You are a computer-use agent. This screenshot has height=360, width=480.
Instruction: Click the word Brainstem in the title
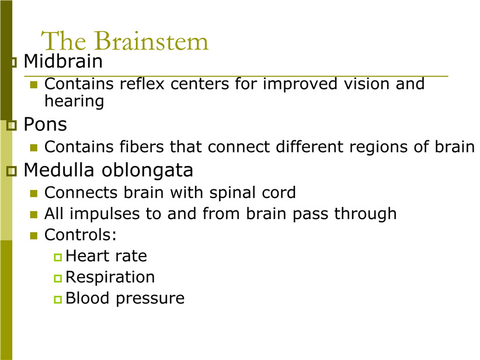click(x=151, y=41)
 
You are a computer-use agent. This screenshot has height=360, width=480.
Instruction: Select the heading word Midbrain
click(x=63, y=61)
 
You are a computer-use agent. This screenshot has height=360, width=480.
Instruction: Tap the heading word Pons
click(x=46, y=124)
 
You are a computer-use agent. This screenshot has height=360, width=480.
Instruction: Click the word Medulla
click(x=59, y=169)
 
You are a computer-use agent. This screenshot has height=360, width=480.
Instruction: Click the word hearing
click(x=74, y=102)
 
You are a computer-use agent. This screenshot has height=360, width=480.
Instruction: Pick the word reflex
click(x=142, y=84)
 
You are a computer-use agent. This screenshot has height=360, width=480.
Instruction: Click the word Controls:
click(x=81, y=235)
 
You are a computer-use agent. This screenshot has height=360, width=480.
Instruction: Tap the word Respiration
click(x=110, y=278)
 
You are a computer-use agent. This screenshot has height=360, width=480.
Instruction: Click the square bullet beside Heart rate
click(x=58, y=257)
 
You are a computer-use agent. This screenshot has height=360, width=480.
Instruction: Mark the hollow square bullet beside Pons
click(x=11, y=125)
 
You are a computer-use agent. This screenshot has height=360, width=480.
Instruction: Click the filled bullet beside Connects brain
click(x=34, y=193)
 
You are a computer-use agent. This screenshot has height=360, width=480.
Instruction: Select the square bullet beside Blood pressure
click(x=58, y=299)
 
